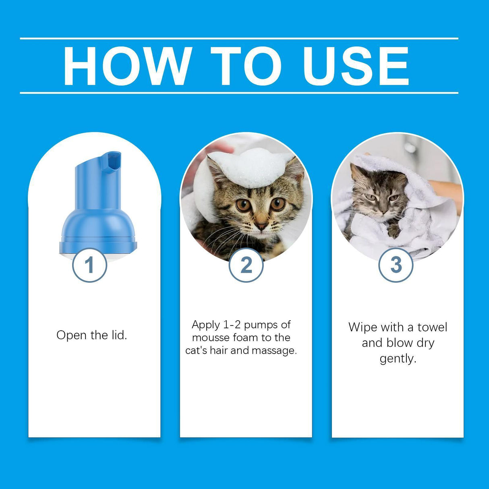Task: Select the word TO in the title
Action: point(246,66)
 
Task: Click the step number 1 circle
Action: point(89,265)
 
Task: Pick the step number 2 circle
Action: point(246,265)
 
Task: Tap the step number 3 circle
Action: point(396,265)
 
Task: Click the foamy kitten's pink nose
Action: point(261,226)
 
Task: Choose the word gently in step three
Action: point(398,358)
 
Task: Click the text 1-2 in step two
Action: point(232,325)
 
